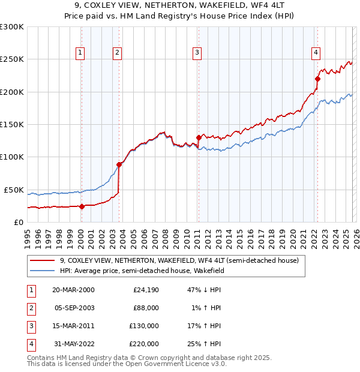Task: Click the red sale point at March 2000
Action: pyautogui.click(x=82, y=206)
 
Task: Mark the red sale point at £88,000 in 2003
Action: pyautogui.click(x=119, y=164)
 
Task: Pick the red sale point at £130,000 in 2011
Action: pyautogui.click(x=199, y=137)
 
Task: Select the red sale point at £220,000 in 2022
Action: pyautogui.click(x=318, y=78)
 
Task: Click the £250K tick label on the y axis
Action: pyautogui.click(x=11, y=59)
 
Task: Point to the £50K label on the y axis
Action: pyautogui.click(x=14, y=190)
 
